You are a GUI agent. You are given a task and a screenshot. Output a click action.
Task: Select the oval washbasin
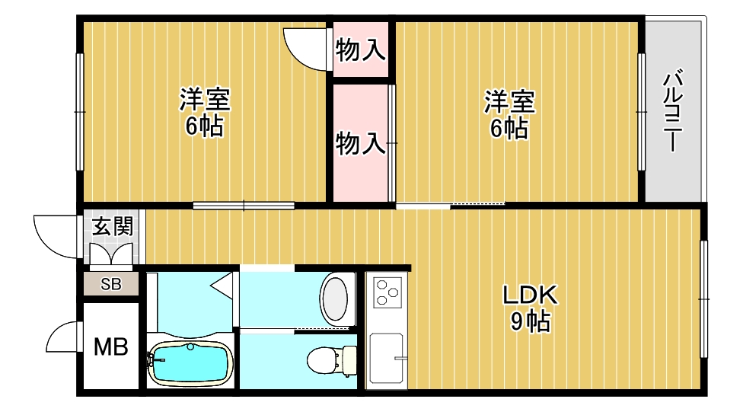tap(335, 299)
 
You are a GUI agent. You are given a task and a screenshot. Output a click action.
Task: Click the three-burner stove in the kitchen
tap(386, 292)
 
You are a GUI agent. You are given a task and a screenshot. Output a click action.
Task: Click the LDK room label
tap(531, 295)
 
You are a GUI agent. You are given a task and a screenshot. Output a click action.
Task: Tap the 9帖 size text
tap(531, 322)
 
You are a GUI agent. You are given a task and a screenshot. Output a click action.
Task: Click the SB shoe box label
tap(111, 285)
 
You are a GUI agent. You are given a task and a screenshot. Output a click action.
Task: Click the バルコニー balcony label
tap(671, 111)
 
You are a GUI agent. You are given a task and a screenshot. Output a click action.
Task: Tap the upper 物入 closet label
tap(360, 51)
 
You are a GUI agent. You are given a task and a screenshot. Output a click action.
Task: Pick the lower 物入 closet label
tap(360, 142)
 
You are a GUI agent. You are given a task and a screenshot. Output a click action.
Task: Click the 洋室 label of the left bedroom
tap(205, 100)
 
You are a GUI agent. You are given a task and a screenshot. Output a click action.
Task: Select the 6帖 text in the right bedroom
tap(509, 127)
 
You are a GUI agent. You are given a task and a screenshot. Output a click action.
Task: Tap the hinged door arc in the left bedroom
tap(305, 47)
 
